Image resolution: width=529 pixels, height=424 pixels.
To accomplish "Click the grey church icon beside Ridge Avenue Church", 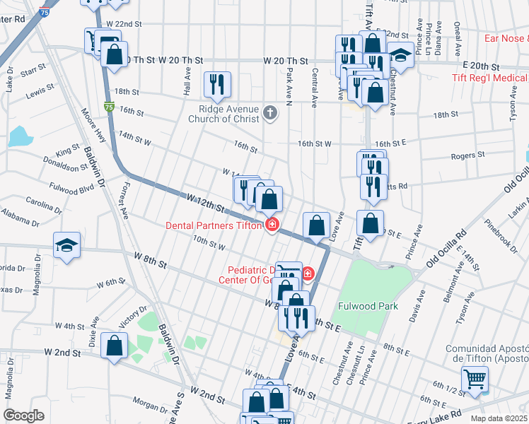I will coord(269,112).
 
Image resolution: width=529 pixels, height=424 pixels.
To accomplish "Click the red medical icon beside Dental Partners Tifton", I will coord(271,225).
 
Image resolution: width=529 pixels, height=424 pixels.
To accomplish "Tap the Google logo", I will coord(23,416).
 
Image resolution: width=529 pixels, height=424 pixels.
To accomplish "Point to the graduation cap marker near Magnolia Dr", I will coord(66,245).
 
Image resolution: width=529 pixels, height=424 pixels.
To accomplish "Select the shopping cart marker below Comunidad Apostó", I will coord(475,379).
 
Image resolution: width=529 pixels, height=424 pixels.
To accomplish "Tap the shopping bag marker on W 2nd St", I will coord(114,346).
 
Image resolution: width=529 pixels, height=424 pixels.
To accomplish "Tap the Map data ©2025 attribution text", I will coord(498,418).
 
